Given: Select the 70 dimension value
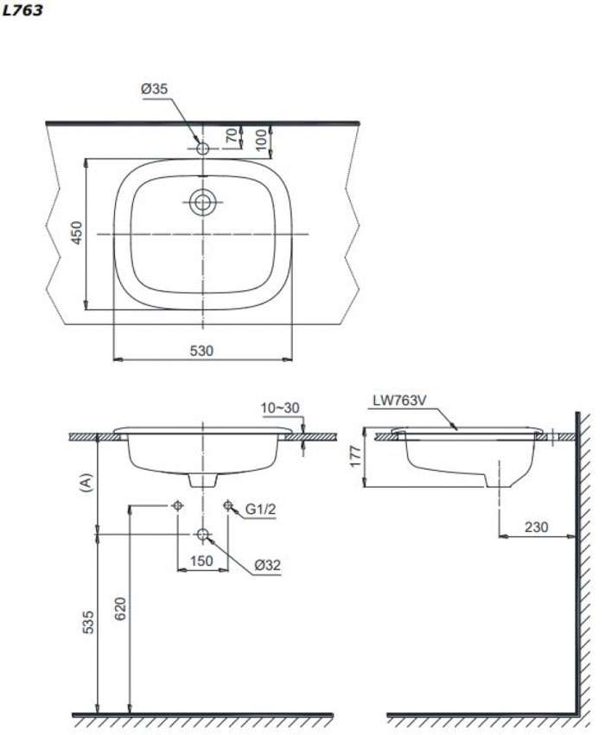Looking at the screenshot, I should tap(231, 136).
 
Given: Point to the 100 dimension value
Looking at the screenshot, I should tap(261, 136).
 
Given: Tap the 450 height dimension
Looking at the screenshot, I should tap(76, 234).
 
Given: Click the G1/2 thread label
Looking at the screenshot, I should tap(259, 510).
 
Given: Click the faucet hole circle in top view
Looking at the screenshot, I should tap(203, 149).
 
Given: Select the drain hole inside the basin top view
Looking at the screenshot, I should tap(203, 202).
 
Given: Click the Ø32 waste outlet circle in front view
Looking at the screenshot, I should tap(203, 535).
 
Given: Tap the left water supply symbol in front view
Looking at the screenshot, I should tap(177, 505).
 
